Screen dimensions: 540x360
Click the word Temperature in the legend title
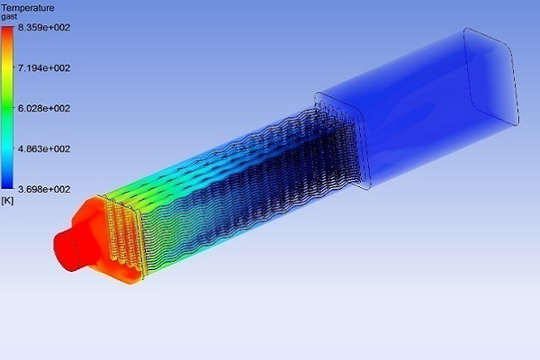tap(28, 8)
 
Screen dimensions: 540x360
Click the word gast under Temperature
tap(9, 16)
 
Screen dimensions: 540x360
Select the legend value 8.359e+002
tap(44, 28)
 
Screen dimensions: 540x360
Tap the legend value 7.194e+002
tap(44, 67)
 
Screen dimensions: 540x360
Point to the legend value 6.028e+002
tap(44, 108)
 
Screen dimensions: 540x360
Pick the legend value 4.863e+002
tap(44, 148)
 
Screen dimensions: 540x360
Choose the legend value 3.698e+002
tap(44, 189)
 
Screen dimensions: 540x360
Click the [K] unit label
tap(7, 201)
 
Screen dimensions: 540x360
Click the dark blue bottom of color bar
tap(7, 182)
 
